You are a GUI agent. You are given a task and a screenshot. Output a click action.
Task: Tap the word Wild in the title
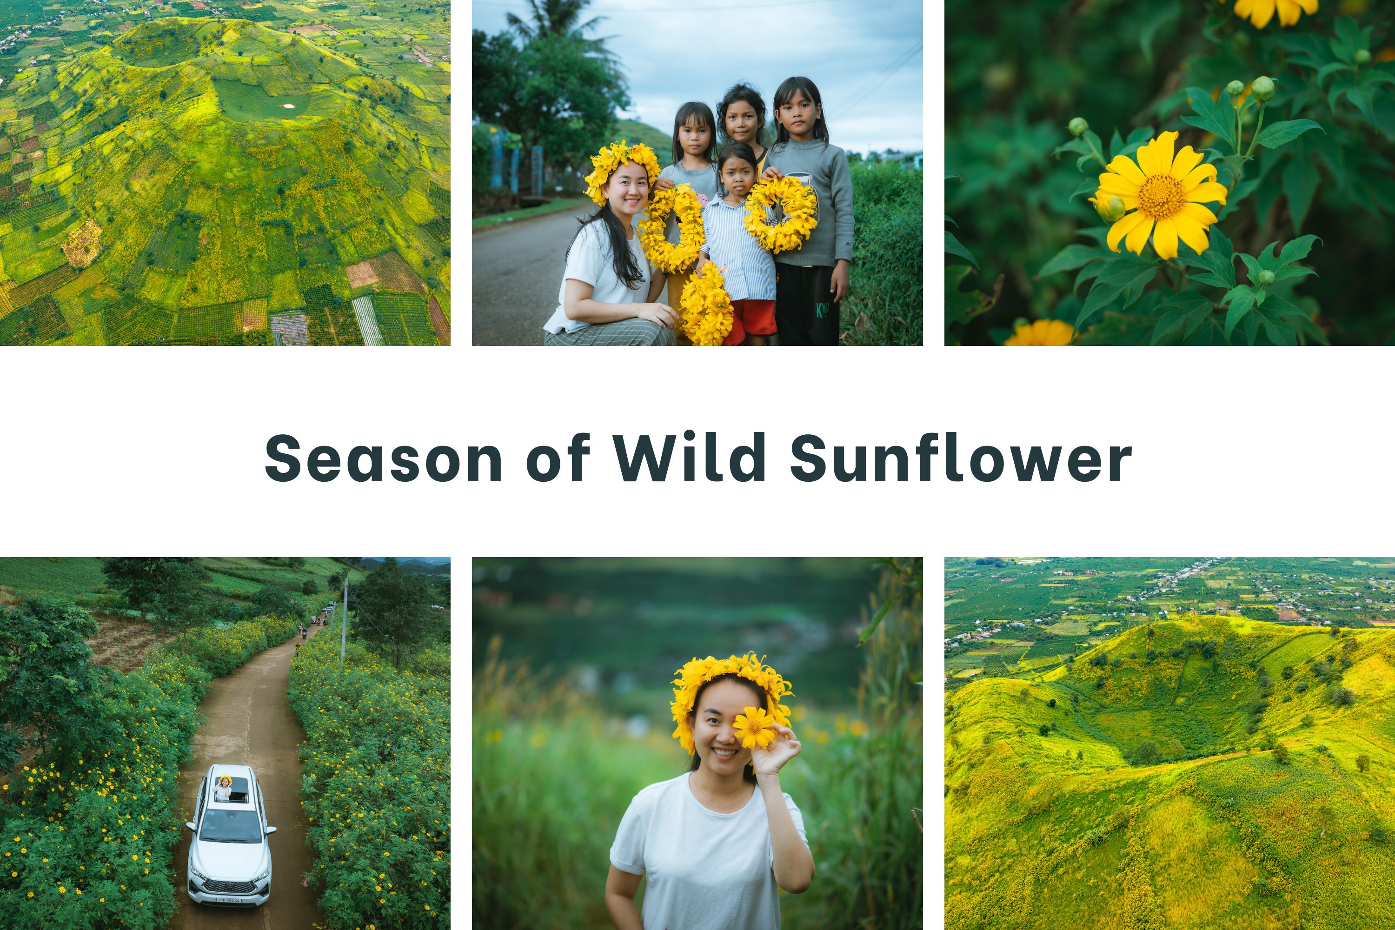click(689, 456)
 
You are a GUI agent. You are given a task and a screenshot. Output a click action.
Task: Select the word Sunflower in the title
click(961, 456)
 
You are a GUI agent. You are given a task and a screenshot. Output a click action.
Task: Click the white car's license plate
click(229, 900)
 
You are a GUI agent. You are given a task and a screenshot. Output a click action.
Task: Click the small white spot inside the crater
click(289, 106)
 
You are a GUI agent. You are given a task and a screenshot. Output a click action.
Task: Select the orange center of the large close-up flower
click(1161, 196)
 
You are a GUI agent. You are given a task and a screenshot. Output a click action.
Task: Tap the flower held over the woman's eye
click(754, 727)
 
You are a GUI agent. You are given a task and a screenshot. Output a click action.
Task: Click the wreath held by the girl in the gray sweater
click(781, 213)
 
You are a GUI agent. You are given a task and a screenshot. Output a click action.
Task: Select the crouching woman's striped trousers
click(610, 333)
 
